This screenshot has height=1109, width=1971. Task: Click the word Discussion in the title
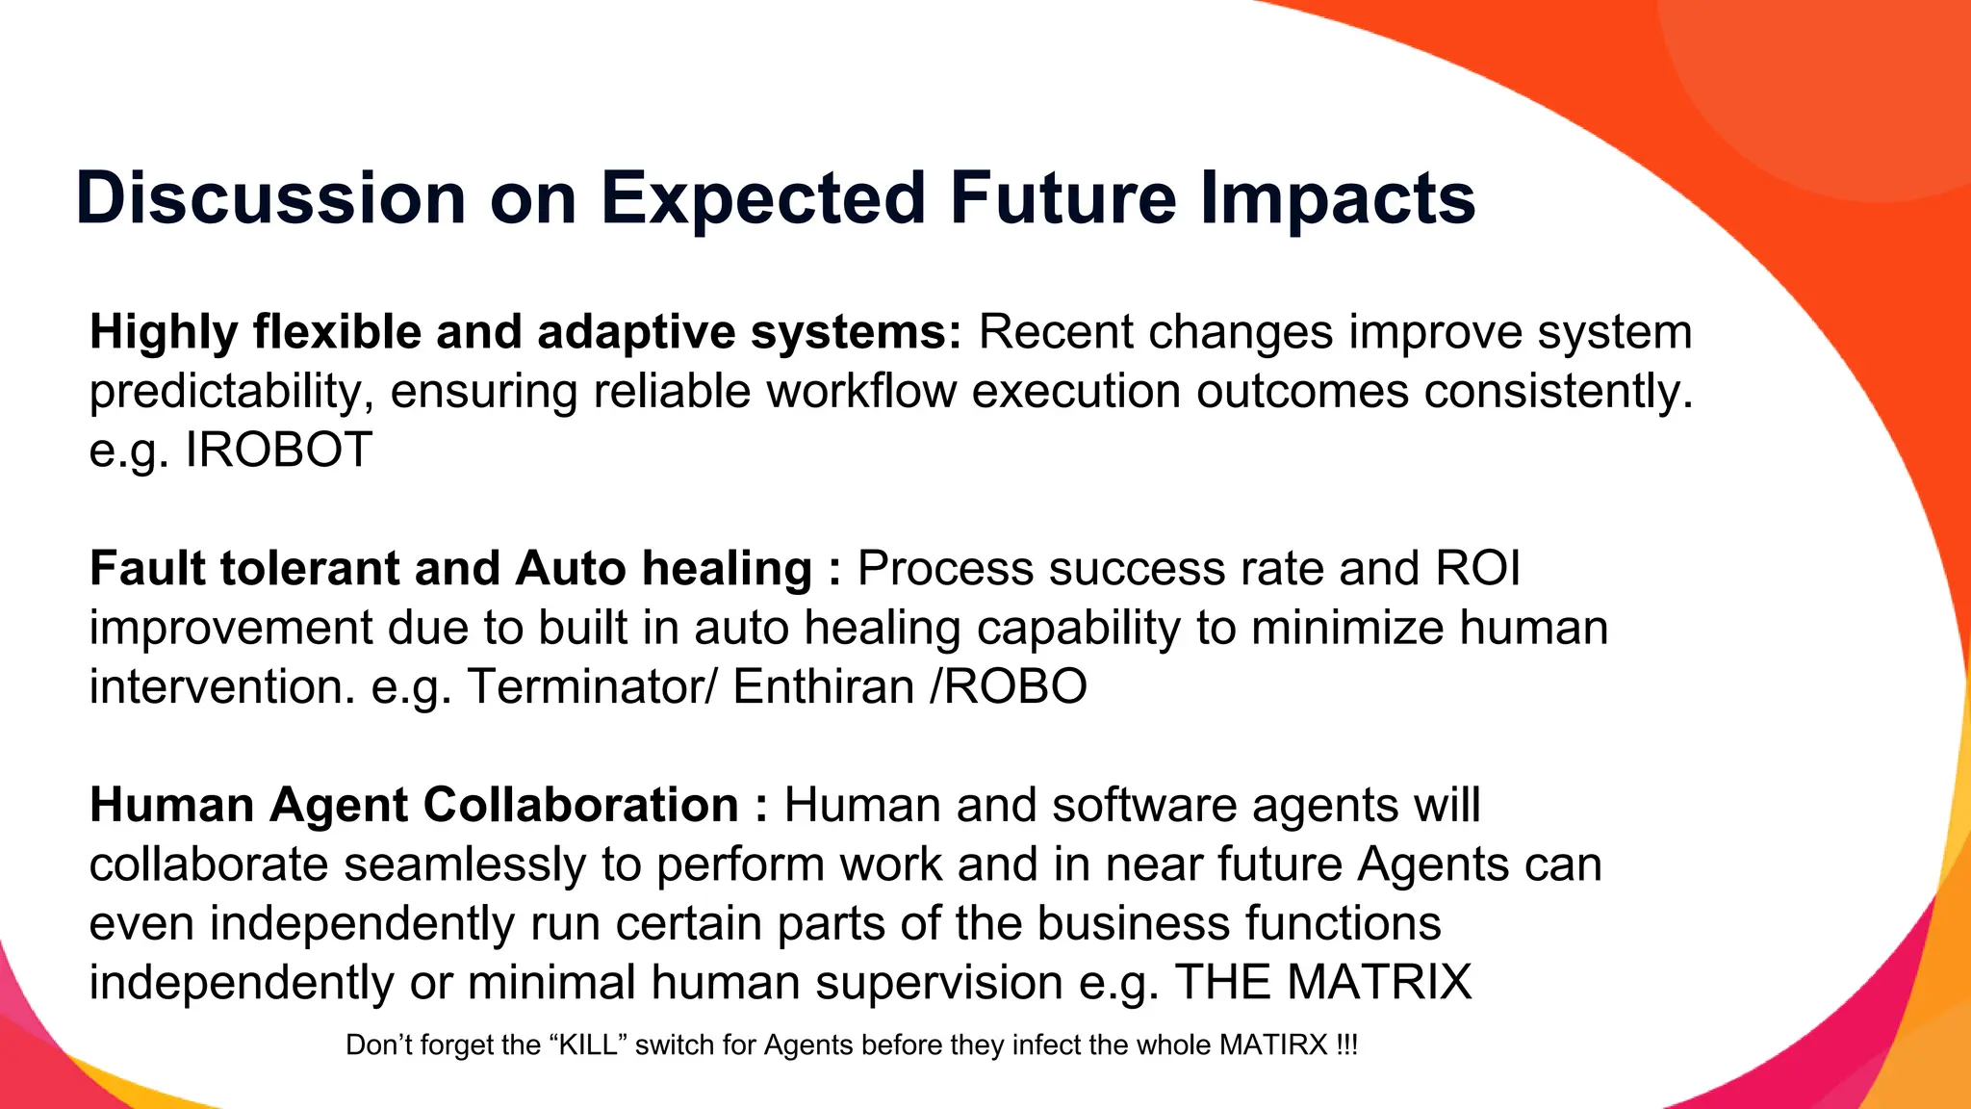coord(270,198)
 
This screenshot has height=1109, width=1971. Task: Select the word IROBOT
coord(278,450)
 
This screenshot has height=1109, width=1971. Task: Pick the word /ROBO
coord(1008,686)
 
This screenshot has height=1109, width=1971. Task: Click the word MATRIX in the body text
coord(1379,982)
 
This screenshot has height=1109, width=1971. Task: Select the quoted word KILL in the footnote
coord(588,1045)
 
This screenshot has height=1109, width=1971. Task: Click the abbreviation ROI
coord(1477,568)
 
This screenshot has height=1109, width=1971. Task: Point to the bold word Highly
coord(164,332)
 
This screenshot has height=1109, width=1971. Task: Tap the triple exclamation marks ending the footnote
coord(1346,1045)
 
